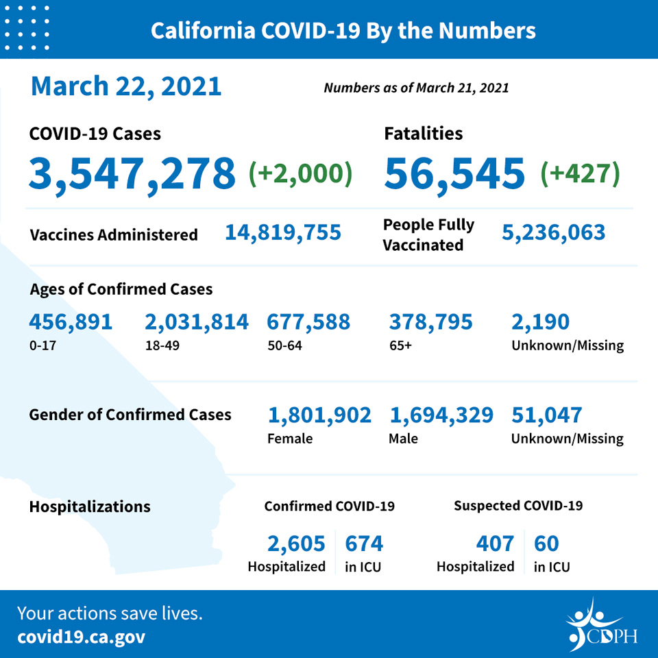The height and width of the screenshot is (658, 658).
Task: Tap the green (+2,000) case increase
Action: point(300,173)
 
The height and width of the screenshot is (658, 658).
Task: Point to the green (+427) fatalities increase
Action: point(580,173)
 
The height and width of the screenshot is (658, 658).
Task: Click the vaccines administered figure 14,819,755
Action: point(283,233)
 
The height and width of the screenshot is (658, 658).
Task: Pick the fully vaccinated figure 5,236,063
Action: point(554,233)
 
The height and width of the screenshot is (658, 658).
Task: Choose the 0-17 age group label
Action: point(42,345)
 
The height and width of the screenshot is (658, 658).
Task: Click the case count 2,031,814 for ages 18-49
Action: point(197,322)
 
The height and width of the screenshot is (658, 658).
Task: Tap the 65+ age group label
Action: point(400,345)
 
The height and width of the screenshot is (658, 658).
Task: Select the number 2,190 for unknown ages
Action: point(541,322)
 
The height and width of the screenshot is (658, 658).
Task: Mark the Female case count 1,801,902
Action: point(320,415)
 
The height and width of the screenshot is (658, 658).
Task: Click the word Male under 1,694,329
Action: point(403,439)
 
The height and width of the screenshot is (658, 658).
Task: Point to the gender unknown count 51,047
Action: point(547,415)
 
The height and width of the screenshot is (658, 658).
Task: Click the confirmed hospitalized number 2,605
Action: point(296,544)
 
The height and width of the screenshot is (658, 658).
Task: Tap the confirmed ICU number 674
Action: point(364,544)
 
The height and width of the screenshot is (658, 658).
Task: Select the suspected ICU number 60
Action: point(546,544)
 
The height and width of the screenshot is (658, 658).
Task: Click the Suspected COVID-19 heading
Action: point(518,506)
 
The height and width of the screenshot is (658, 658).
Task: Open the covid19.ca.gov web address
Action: point(82,637)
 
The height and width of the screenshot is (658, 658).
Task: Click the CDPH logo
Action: point(602,625)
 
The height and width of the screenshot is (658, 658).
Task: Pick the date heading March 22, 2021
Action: point(126,87)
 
